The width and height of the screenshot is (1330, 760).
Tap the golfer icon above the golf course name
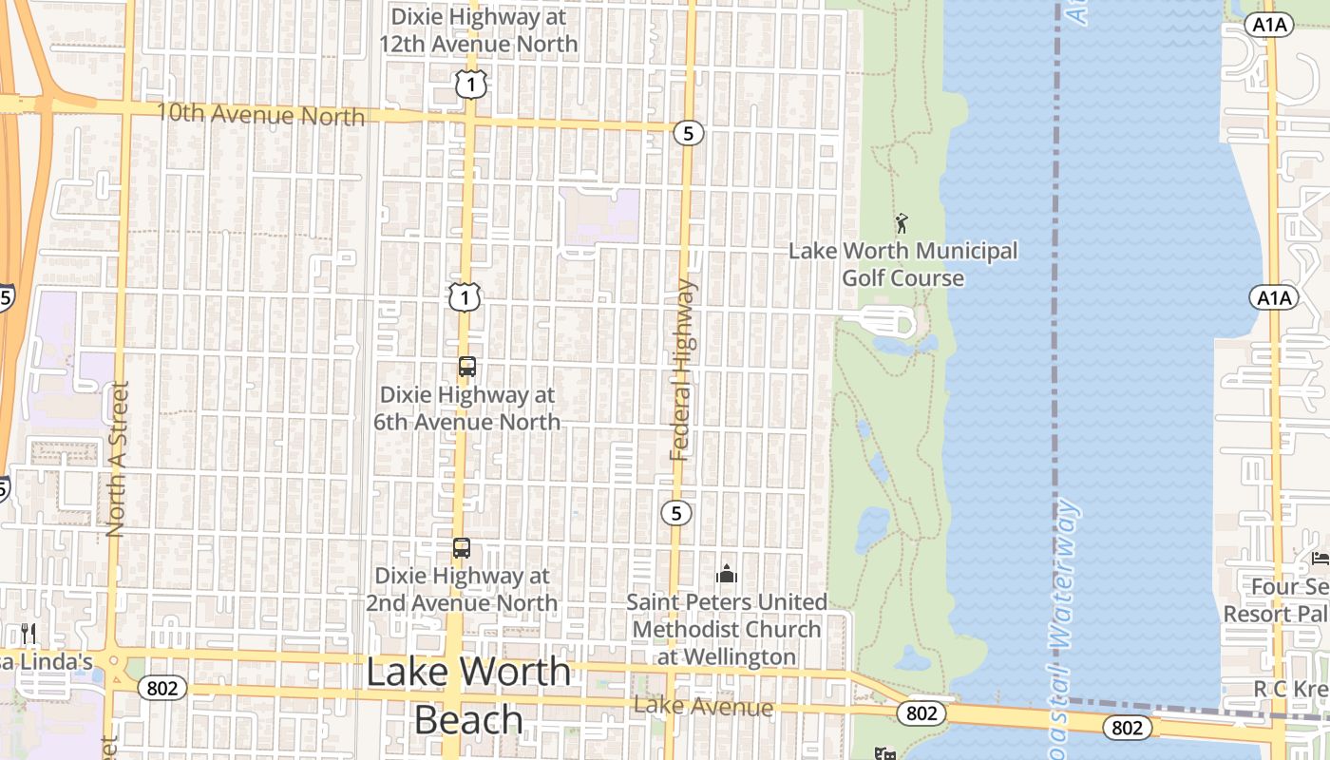click(x=902, y=223)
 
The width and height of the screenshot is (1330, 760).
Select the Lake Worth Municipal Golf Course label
click(x=903, y=264)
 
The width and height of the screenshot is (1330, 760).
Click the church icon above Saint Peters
click(x=727, y=574)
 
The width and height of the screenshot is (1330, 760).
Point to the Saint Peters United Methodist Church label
click(x=727, y=629)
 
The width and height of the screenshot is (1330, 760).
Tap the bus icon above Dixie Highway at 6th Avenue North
click(x=466, y=367)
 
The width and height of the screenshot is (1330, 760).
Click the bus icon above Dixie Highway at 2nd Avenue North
click(x=461, y=548)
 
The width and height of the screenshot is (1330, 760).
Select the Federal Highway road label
click(x=682, y=370)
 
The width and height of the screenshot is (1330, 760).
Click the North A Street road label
click(x=118, y=459)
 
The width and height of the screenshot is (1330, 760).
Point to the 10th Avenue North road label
click(x=259, y=114)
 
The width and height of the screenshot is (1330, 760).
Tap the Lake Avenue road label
click(x=703, y=706)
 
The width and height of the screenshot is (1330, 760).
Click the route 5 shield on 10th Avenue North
click(x=689, y=133)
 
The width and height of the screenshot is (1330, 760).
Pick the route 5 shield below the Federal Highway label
click(x=675, y=513)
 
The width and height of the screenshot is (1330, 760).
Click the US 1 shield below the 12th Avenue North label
click(x=470, y=85)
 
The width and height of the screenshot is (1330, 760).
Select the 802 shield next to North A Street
click(x=161, y=688)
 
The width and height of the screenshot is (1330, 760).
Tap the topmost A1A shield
click(x=1270, y=26)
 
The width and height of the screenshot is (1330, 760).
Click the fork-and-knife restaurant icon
click(x=28, y=633)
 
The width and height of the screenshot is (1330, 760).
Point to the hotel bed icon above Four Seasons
click(x=1320, y=558)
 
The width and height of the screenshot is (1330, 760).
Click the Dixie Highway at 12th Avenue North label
click(x=478, y=30)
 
